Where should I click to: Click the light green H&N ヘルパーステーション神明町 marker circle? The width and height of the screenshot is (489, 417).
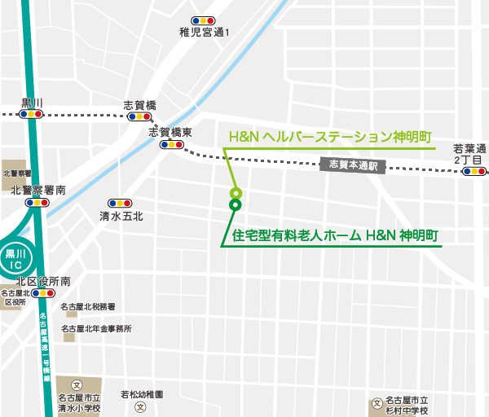pos(236,193)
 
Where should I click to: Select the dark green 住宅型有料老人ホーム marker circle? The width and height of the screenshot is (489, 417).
pos(236,205)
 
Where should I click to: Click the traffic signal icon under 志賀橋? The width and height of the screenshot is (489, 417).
pos(139,117)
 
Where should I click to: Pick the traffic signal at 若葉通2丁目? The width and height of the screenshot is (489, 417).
pos(474,172)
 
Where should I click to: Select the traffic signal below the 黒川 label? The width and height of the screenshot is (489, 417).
pos(32,115)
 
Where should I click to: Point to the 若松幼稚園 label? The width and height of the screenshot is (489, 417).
pos(142,394)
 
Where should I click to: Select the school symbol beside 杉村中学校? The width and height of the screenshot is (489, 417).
pos(377,403)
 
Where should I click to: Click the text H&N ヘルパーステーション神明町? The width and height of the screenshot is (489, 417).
pos(329,137)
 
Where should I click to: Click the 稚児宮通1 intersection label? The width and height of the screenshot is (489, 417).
pos(205,33)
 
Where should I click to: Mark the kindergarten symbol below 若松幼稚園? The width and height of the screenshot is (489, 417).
pos(141,406)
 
